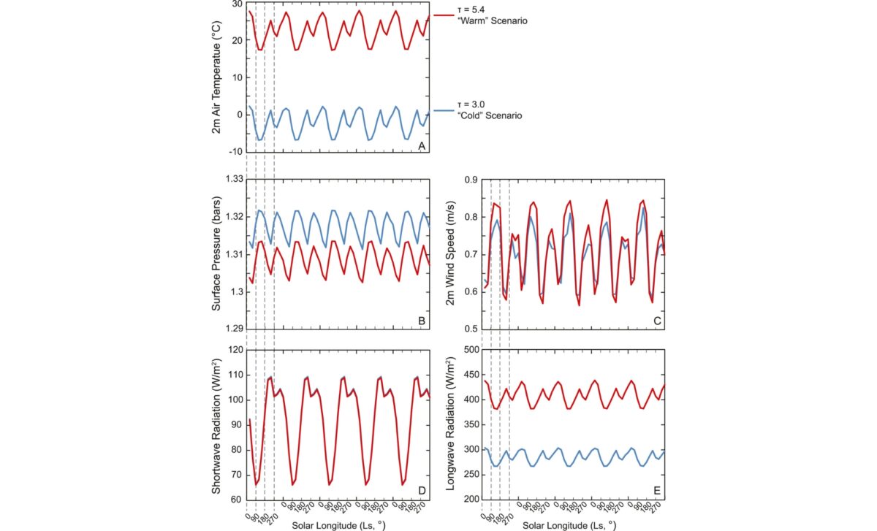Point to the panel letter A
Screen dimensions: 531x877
point(421,146)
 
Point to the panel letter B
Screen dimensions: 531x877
point(421,321)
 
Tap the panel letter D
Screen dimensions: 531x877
point(421,492)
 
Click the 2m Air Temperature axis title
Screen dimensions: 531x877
point(216,77)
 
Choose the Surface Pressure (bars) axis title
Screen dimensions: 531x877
point(216,254)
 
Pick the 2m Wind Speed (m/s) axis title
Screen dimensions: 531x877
point(457,254)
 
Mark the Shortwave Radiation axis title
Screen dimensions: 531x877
point(216,426)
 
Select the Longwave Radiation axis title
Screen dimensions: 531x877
point(457,426)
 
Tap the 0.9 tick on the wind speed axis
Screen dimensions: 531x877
point(471,179)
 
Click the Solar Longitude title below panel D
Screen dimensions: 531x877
point(338,525)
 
